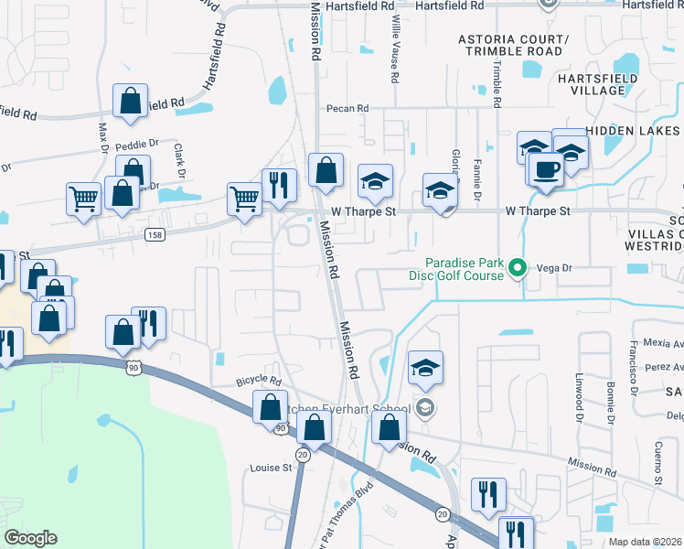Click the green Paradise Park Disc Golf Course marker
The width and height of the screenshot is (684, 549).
click(518, 268)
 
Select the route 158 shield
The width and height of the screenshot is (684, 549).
click(155, 235)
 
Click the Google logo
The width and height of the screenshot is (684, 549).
click(30, 538)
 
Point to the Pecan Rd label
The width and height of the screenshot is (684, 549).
click(347, 108)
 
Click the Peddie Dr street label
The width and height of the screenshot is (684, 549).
click(139, 144)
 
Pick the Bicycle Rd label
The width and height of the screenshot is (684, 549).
click(258, 379)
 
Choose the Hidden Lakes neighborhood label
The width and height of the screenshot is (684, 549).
click(633, 132)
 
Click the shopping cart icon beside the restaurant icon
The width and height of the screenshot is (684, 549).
click(244, 197)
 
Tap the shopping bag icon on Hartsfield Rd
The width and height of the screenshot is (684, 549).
click(131, 101)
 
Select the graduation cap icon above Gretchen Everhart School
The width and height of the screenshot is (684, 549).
click(425, 368)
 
